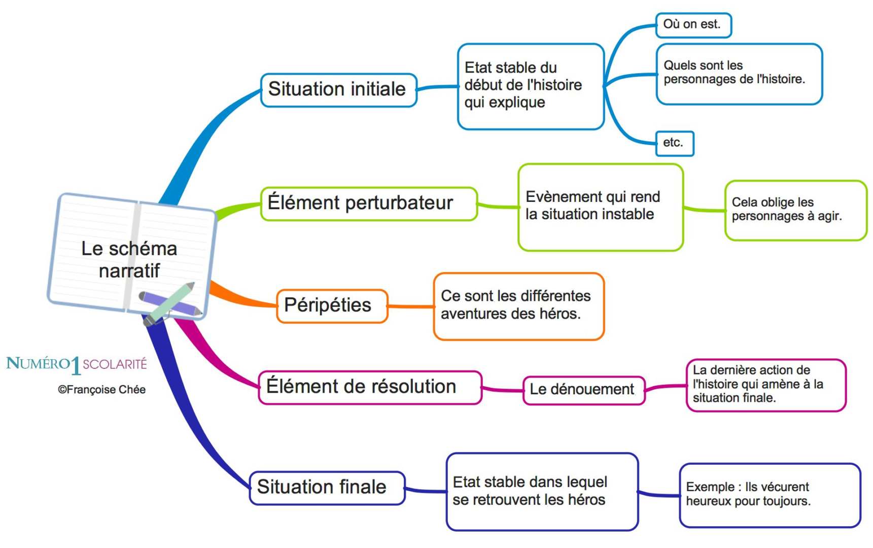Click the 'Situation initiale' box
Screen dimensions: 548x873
(338, 90)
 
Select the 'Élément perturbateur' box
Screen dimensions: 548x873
(369, 203)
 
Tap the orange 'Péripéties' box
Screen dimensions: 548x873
(332, 305)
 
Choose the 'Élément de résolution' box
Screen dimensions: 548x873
(369, 387)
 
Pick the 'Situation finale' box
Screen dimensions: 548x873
(327, 488)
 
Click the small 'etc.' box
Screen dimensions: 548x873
(674, 143)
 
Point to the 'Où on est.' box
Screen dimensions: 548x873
(692, 25)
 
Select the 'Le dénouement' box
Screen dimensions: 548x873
(583, 390)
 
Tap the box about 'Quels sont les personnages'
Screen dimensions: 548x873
(738, 74)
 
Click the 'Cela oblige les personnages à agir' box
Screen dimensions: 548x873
(795, 210)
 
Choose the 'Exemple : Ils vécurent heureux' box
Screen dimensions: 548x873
(769, 495)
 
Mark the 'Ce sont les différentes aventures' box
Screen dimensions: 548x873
(518, 305)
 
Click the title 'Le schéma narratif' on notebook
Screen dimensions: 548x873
(129, 259)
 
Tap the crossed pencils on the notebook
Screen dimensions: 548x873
(169, 303)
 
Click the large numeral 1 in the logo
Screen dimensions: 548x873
(76, 365)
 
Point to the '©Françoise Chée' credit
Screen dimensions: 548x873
(102, 390)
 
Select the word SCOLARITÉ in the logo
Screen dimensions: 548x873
(115, 364)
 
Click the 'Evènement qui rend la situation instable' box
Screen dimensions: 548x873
(600, 207)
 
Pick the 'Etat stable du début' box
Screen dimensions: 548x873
(530, 86)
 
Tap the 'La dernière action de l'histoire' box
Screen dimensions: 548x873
(765, 385)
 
